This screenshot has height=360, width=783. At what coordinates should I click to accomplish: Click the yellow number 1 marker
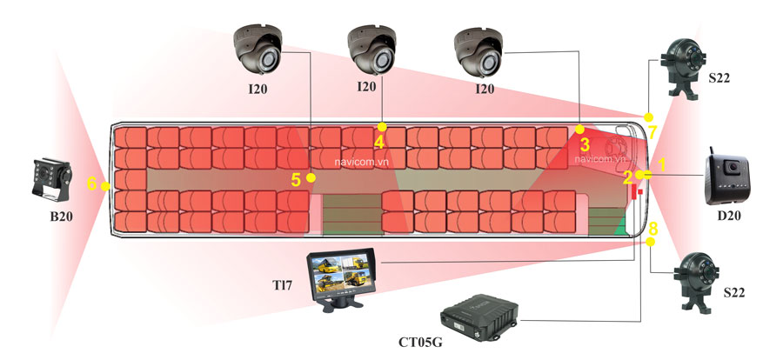tap(661, 163)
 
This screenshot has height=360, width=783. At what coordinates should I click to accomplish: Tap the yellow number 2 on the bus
tap(628, 178)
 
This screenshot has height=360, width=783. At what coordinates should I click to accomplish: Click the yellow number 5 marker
tap(296, 179)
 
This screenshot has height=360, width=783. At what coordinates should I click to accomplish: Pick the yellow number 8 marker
tap(653, 229)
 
